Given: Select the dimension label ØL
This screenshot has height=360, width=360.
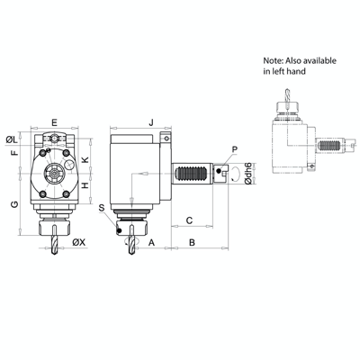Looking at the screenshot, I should click(x=13, y=139).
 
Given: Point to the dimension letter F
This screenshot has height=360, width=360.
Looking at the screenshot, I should click(x=13, y=154).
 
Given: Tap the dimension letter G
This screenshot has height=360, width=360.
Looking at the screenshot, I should click(x=13, y=205).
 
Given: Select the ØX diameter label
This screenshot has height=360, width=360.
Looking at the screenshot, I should click(x=79, y=242).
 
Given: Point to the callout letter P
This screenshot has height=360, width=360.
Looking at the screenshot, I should click(x=234, y=148).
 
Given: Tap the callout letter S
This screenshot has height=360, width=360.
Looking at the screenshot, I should click(x=102, y=208).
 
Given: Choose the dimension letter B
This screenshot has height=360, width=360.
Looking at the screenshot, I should click(x=193, y=242).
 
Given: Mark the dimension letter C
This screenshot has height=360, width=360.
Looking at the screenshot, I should click(x=190, y=219).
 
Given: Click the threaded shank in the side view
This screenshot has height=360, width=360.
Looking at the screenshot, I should click(x=191, y=174).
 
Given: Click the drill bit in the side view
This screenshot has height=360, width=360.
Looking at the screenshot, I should click(x=131, y=243).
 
